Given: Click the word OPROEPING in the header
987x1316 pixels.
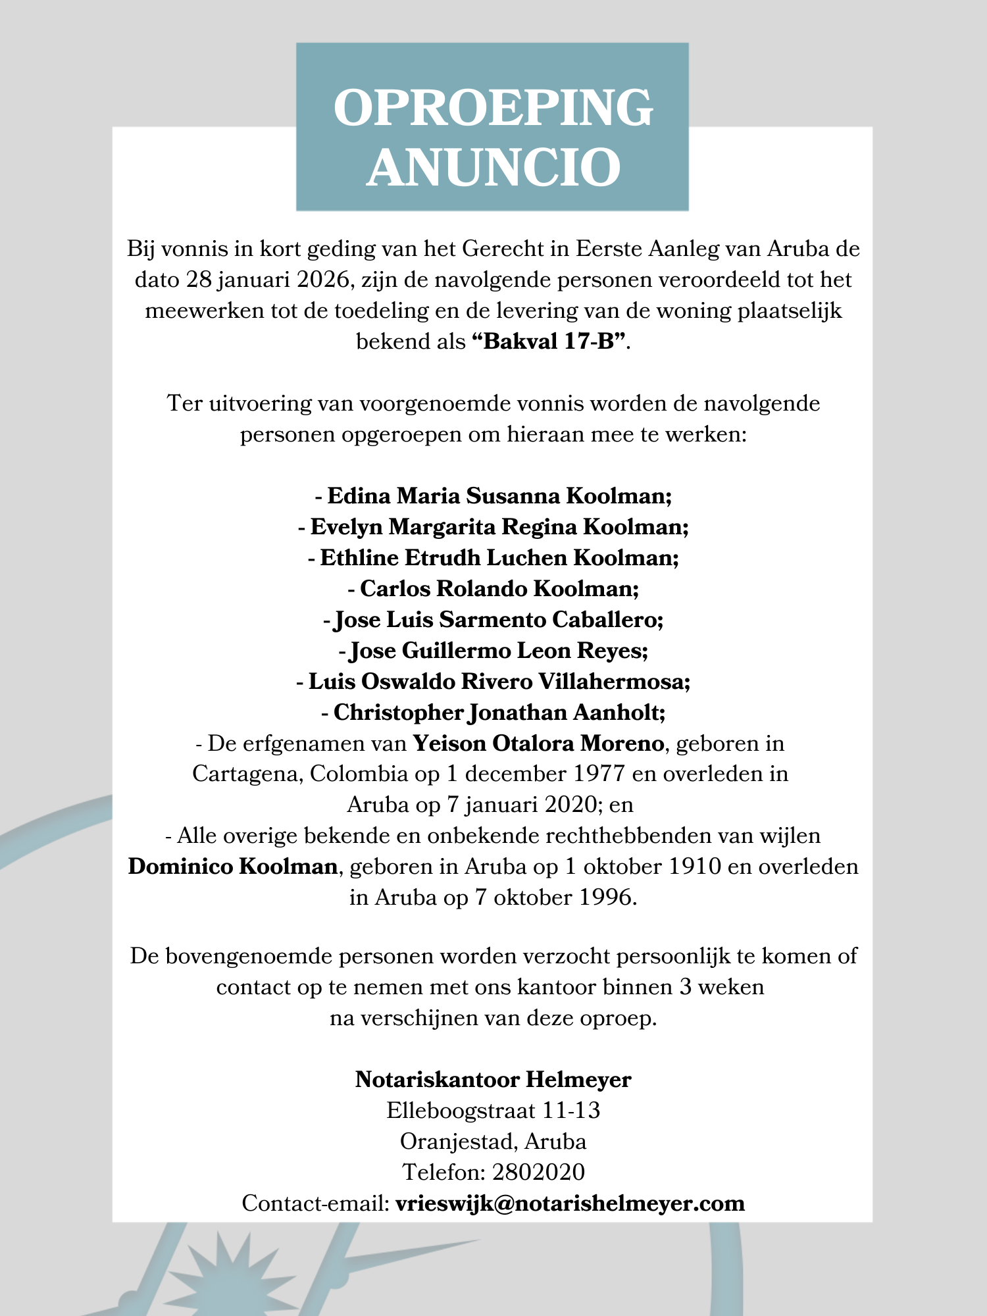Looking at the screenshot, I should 493,107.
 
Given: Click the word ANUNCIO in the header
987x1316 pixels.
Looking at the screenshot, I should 493,167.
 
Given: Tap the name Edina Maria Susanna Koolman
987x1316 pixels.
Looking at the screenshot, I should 499,495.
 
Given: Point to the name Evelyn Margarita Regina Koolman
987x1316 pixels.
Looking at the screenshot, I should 499,526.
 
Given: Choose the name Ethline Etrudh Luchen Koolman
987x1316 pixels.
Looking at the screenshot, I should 499,557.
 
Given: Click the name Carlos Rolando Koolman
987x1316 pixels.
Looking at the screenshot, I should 499,588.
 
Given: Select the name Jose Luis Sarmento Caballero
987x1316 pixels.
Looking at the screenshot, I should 498,619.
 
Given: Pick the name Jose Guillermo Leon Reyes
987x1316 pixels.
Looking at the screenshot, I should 498,650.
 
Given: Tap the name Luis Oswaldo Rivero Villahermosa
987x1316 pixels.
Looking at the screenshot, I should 499,681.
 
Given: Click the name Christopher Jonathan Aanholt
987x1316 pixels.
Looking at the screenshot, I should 499,712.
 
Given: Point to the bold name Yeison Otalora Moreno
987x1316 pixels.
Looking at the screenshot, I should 538,744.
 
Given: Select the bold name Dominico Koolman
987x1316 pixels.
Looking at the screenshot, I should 233,867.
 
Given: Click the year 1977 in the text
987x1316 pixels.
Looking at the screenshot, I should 599,773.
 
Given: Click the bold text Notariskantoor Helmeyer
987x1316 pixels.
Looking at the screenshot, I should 493,1080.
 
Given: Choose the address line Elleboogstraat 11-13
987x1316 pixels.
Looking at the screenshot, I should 493,1111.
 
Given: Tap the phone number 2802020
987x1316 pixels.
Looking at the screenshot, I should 538,1172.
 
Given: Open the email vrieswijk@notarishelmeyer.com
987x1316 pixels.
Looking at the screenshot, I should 570,1203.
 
